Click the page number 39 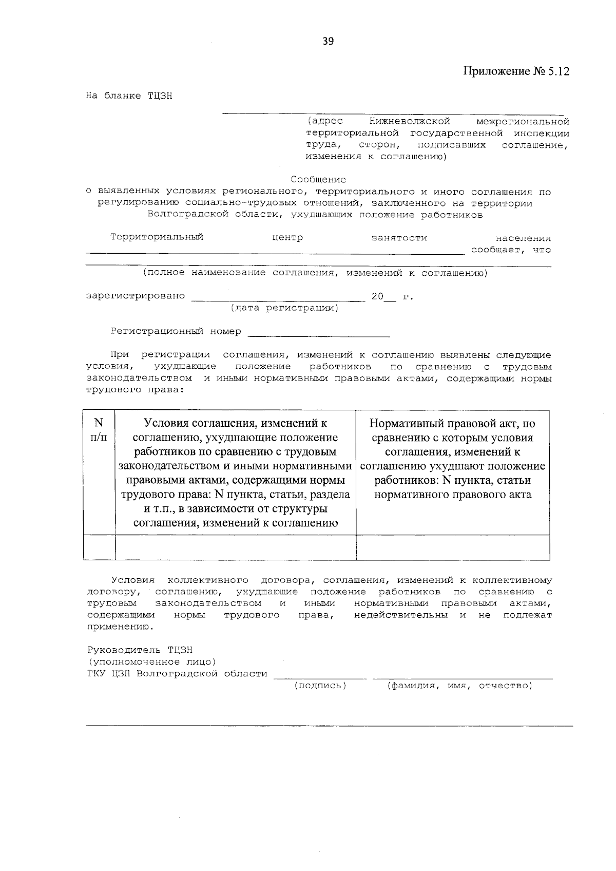[328, 42]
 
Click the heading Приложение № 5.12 [516, 71]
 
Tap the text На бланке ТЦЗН [129, 96]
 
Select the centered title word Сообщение [318, 179]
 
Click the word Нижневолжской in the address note [410, 122]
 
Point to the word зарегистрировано [136, 296]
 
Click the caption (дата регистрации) [284, 308]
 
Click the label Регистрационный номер [176, 331]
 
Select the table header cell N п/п [99, 430]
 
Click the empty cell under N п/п [99, 547]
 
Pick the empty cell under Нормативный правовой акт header [453, 547]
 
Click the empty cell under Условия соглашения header [235, 547]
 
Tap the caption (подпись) [320, 686]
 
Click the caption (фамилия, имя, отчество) [459, 686]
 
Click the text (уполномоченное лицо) [151, 662]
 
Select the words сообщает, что [511, 250]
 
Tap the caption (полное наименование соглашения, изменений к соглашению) [315, 273]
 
